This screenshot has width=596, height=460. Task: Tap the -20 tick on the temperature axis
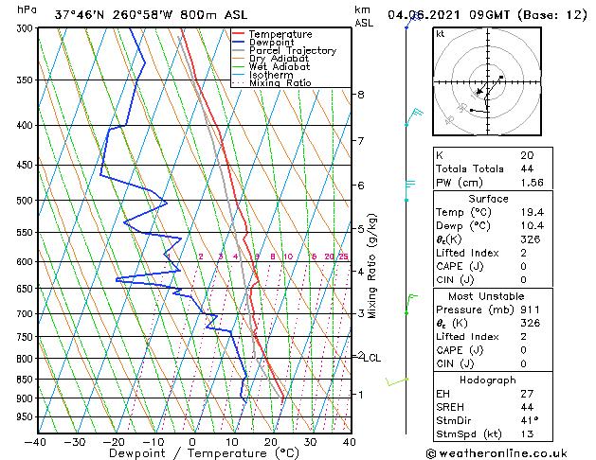pyautogui.click(x=114, y=441)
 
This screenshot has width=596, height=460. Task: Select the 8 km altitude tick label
pyautogui.click(x=361, y=95)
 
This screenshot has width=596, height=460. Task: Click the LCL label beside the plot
pyautogui.click(x=371, y=358)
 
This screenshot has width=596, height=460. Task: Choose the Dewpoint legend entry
pyautogui.click(x=268, y=43)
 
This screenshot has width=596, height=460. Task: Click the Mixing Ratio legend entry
pyautogui.click(x=280, y=83)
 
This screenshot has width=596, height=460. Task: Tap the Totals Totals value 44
pyautogui.click(x=526, y=168)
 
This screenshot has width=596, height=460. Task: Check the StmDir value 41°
pyautogui.click(x=529, y=419)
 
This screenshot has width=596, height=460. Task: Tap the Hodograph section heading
pyautogui.click(x=488, y=380)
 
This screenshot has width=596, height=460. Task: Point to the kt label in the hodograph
pyautogui.click(x=440, y=34)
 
